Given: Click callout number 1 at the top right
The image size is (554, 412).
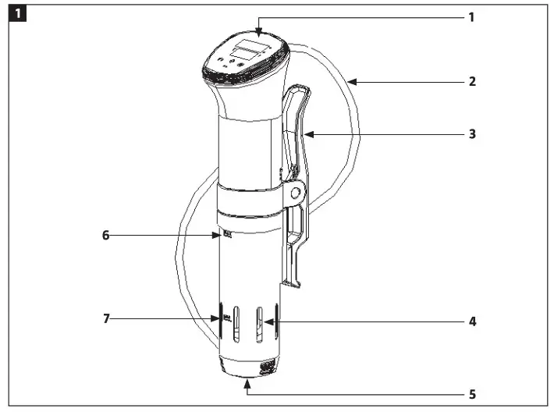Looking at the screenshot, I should coord(471,16).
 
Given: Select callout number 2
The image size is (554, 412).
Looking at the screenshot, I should coord(471,80).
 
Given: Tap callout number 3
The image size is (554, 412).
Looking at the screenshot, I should coord(471,134).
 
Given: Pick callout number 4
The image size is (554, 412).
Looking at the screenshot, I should coord(471,321).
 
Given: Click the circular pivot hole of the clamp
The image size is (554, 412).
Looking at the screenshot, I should coord(296,191).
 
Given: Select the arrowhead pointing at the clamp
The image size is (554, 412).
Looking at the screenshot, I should coord(307,134).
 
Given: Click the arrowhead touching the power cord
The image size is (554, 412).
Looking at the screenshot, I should coord(350,80).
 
